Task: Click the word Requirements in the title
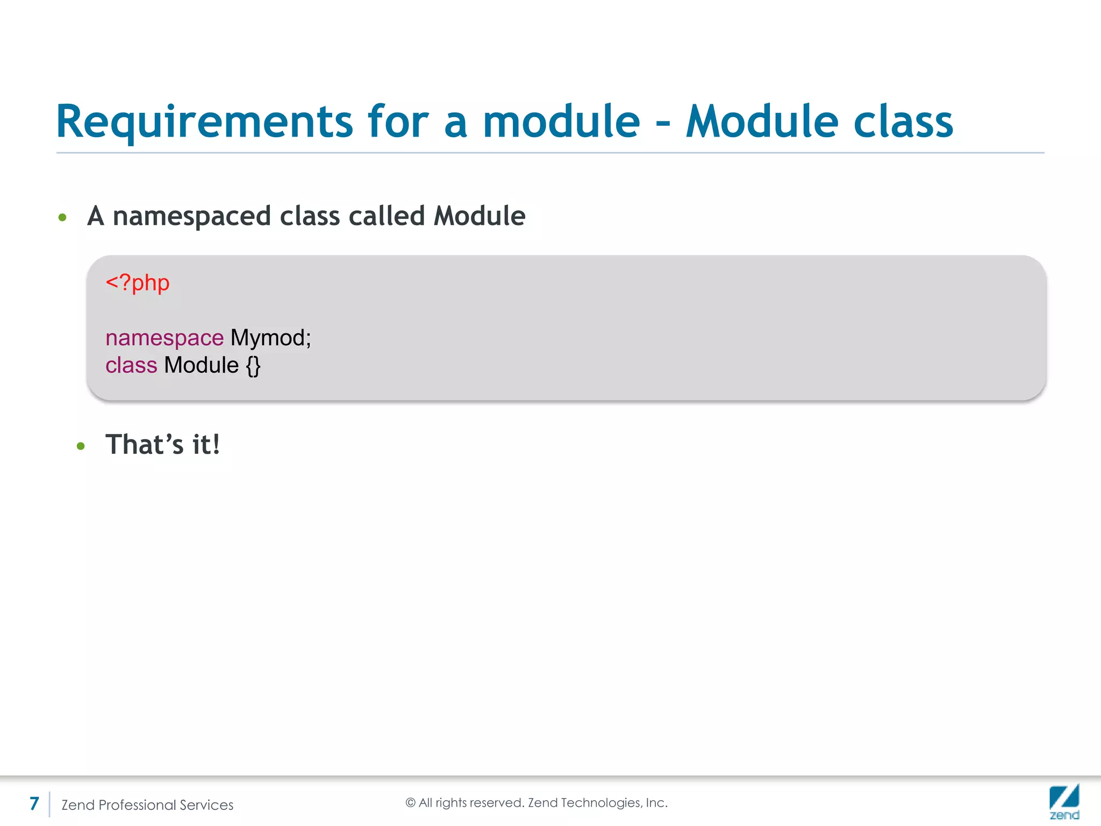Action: [204, 122]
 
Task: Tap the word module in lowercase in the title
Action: [561, 121]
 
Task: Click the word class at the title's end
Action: [903, 121]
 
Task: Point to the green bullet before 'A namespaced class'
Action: [62, 217]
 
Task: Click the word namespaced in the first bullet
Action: [190, 217]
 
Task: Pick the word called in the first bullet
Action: [387, 216]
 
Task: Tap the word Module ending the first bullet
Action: [480, 216]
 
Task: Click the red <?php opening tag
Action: [138, 283]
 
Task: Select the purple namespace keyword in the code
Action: [165, 338]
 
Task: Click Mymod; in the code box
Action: [271, 338]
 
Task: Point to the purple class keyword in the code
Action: [131, 365]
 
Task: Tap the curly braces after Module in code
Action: [253, 366]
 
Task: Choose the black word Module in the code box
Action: [201, 365]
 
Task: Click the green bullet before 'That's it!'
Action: [81, 446]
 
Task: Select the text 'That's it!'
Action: [162, 445]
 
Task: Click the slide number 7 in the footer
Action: [34, 803]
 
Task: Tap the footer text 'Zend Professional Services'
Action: [147, 805]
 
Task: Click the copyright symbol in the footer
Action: [411, 803]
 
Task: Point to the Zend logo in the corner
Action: [1064, 801]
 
